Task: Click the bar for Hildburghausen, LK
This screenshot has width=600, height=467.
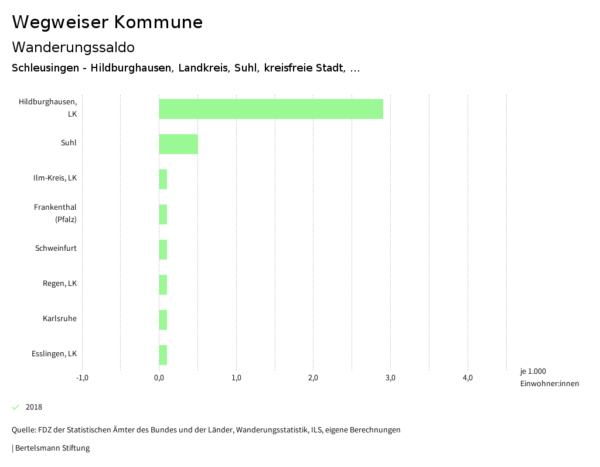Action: (x=271, y=109)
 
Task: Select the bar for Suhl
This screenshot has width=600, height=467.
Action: (x=178, y=144)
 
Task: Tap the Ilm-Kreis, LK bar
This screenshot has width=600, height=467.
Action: (x=163, y=179)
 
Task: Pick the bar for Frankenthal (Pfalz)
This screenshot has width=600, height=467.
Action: (x=163, y=214)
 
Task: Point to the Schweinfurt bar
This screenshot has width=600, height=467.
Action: (x=163, y=250)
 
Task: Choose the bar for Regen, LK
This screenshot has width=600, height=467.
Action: (x=163, y=285)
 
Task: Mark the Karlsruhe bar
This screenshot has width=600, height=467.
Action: (x=163, y=320)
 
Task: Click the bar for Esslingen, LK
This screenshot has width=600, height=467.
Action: (x=163, y=355)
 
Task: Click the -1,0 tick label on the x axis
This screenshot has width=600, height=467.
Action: (x=82, y=378)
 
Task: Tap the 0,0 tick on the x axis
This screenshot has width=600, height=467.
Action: (x=159, y=378)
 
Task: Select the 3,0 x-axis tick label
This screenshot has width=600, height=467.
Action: (x=390, y=378)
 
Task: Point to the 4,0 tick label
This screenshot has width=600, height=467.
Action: (x=468, y=378)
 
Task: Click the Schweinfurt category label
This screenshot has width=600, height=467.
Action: (x=56, y=248)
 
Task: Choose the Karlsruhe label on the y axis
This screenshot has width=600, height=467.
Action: (x=60, y=319)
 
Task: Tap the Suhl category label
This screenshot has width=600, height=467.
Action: (x=69, y=143)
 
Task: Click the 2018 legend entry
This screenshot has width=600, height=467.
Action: (x=34, y=407)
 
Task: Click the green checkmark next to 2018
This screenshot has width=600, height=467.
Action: (x=16, y=407)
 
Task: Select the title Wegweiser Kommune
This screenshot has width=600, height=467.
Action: (x=107, y=22)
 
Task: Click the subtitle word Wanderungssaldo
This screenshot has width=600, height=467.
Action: (x=73, y=47)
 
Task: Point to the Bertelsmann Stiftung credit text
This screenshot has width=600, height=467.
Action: (x=52, y=448)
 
